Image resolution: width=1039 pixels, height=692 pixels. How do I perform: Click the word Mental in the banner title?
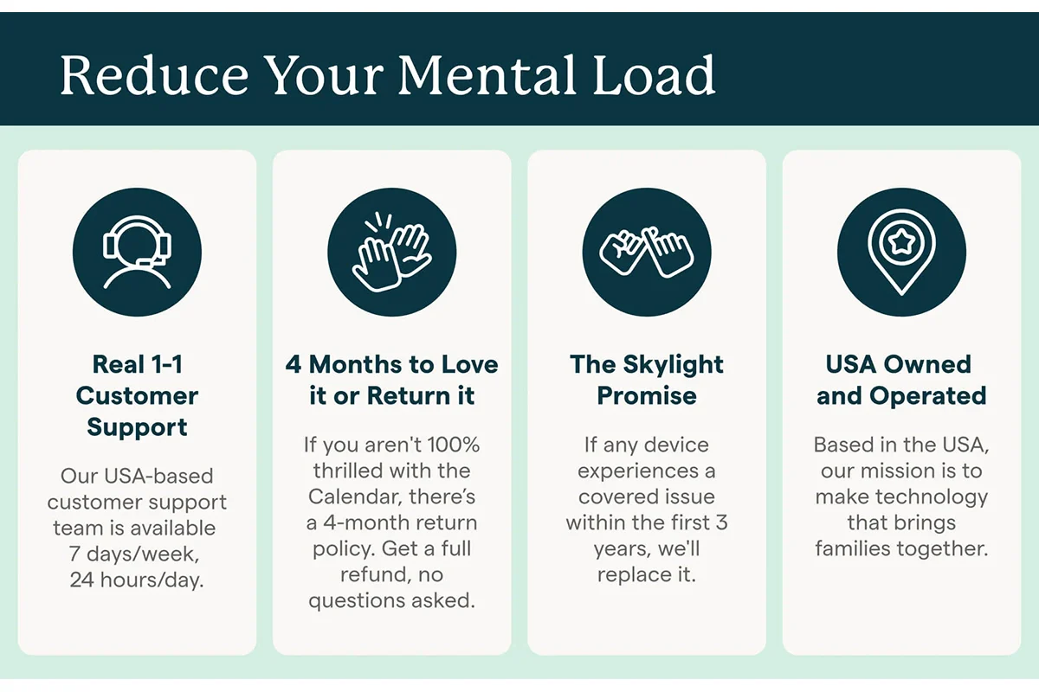(487, 75)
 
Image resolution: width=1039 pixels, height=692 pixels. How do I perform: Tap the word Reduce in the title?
(154, 75)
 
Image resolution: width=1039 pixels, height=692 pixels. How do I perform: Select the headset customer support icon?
(138, 252)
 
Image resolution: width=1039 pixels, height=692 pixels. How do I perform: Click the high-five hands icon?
(392, 252)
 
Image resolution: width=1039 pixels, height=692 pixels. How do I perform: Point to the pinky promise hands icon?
(647, 252)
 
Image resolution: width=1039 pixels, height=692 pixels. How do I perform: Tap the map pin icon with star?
(901, 252)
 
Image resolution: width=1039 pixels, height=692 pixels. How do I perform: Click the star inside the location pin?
(901, 242)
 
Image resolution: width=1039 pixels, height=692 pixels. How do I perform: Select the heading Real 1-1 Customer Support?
(138, 395)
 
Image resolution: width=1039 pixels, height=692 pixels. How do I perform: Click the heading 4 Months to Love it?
(392, 380)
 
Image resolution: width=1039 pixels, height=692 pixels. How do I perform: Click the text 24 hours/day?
(137, 580)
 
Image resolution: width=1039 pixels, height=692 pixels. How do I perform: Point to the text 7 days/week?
(134, 554)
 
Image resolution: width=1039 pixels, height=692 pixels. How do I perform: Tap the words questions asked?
(392, 601)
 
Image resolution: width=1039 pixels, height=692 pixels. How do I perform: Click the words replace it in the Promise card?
(647, 574)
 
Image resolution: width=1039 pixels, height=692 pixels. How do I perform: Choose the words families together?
(901, 548)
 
